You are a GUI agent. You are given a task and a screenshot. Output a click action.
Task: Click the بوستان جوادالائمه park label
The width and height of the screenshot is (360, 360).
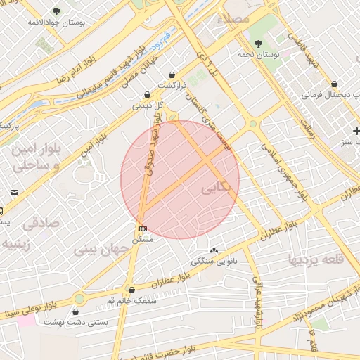coord(56,22)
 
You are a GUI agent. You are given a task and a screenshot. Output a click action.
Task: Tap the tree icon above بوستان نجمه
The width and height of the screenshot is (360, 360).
coord(268,44)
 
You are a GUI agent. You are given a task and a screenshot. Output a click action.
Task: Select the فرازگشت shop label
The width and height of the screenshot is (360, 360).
coord(172,85)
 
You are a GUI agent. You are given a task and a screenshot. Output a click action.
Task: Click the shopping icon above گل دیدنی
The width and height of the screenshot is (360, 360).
coord(146,94)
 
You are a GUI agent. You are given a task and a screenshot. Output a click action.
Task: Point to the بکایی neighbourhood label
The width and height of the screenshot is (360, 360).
coord(215,188)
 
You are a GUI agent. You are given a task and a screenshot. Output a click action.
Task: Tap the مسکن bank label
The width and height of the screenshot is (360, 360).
coord(143,240)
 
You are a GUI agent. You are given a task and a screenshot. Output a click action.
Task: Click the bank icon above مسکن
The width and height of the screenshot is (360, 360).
coord(143,229)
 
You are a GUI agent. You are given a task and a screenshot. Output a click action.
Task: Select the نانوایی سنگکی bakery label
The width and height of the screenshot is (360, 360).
coord(214,261)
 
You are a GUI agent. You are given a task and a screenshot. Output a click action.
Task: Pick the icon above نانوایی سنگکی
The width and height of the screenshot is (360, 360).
coord(214,250)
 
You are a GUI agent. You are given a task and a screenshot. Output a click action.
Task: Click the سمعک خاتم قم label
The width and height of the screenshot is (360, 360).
coord(131,300)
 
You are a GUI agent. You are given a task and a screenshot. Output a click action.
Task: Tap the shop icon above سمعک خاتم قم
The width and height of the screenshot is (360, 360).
coord(131,290)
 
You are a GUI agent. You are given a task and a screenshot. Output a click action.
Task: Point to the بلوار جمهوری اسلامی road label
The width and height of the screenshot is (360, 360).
coord(285,172)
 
